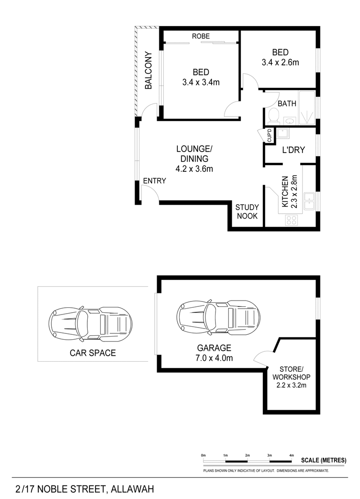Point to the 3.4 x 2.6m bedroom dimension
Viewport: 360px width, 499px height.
280,63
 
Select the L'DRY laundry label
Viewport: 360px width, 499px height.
293,150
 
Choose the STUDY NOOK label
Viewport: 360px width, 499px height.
247,211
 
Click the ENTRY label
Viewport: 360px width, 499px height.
154,181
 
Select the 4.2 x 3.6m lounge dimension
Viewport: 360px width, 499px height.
194,169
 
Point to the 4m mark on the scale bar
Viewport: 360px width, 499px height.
292,455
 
